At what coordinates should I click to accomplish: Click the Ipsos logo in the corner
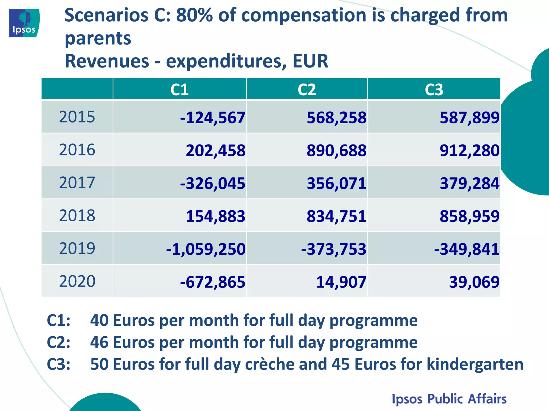[x=24, y=23]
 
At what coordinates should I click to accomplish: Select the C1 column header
[x=179, y=89]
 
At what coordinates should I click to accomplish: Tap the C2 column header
[x=307, y=89]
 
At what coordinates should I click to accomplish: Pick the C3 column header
[x=434, y=89]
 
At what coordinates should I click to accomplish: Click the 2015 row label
[x=77, y=117]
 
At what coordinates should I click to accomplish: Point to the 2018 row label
[x=77, y=215]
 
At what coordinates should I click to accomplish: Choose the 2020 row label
[x=77, y=281]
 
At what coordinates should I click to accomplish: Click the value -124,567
[x=213, y=118]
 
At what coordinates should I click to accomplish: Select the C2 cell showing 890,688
[x=336, y=150]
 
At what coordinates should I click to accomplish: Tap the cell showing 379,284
[x=469, y=184]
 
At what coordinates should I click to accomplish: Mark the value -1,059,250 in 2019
[x=206, y=249]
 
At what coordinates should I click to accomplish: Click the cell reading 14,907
[x=341, y=282]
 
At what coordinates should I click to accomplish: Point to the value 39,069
[x=474, y=282]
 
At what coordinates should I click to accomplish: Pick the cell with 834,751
[x=336, y=216]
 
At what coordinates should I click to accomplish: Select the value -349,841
[x=466, y=249]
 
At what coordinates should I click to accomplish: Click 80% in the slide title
[x=194, y=15]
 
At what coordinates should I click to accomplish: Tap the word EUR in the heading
[x=310, y=61]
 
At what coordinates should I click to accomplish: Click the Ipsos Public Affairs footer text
[x=449, y=399]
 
